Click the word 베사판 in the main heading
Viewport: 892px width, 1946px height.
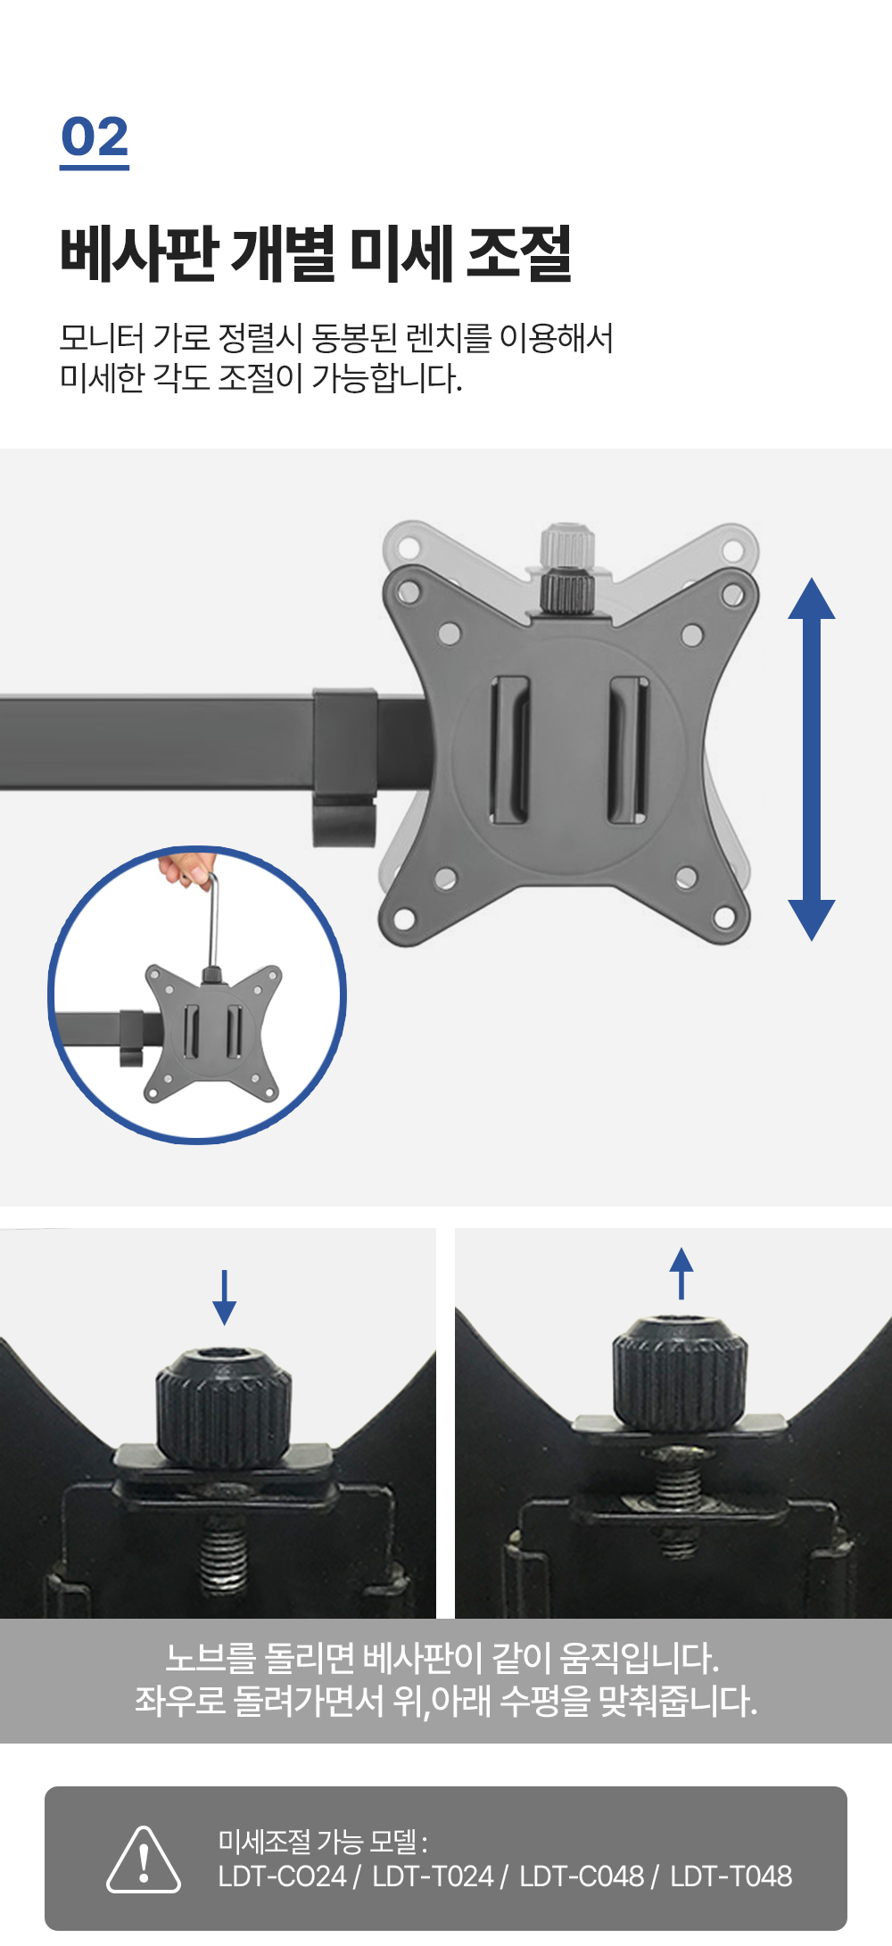pos(139,254)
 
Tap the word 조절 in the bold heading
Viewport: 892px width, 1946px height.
pos(519,254)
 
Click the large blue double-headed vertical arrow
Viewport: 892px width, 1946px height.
pos(812,759)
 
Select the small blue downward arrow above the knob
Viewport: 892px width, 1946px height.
pos(225,1297)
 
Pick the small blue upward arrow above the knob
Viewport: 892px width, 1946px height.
pos(681,1273)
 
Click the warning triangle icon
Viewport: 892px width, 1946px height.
pos(144,1859)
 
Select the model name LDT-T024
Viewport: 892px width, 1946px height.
pos(433,1876)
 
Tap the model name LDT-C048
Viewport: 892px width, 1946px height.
pos(582,1876)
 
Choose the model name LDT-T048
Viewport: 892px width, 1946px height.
pos(731,1876)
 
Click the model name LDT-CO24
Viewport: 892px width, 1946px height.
pos(282,1876)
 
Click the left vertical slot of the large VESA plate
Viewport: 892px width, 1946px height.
pos(510,749)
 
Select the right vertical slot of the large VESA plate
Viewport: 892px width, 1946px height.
pos(628,749)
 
